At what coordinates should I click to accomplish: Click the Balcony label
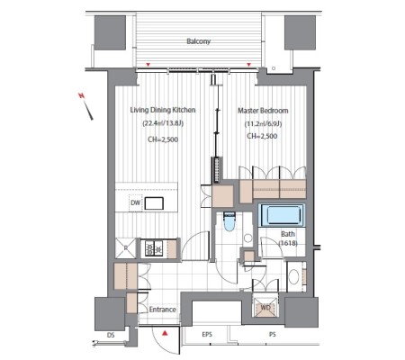(x=198, y=41)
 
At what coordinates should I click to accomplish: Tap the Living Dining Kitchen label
(x=163, y=110)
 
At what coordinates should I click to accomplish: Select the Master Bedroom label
(x=263, y=111)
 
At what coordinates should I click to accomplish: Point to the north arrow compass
(x=86, y=106)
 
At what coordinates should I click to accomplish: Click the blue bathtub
(x=282, y=215)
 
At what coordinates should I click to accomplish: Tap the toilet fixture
(x=229, y=221)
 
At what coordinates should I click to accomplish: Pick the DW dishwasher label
(x=135, y=202)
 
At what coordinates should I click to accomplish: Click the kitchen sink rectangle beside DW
(x=154, y=203)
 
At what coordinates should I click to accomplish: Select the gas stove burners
(x=154, y=248)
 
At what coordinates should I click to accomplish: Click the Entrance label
(x=163, y=310)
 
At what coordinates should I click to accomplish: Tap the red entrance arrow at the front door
(x=165, y=333)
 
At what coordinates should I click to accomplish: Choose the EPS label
(x=207, y=334)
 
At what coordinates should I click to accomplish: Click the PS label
(x=273, y=334)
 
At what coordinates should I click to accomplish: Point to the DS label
(x=111, y=335)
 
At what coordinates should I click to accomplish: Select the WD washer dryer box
(x=265, y=307)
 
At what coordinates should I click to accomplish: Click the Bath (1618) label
(x=288, y=238)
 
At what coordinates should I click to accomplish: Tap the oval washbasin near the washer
(x=293, y=276)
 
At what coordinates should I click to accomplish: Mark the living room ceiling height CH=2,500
(x=163, y=139)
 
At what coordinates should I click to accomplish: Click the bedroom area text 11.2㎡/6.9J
(x=263, y=123)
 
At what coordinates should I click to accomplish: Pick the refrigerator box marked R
(x=126, y=248)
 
